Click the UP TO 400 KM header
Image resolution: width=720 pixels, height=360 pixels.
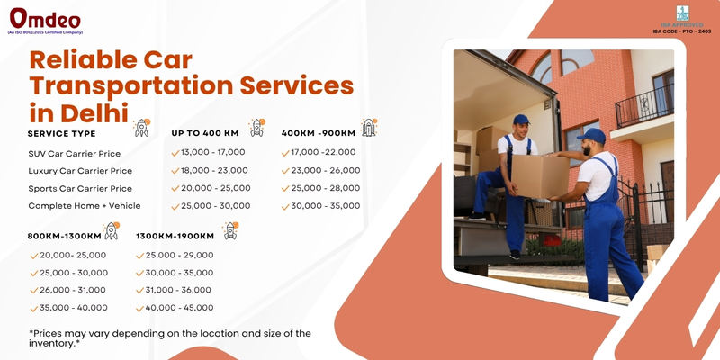point(205,133)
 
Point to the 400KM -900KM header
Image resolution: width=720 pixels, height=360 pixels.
point(319,133)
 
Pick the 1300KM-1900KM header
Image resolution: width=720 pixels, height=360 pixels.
point(175,236)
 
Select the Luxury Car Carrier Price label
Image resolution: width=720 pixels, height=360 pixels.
point(80,171)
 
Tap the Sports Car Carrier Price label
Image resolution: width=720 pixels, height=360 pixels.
point(80,189)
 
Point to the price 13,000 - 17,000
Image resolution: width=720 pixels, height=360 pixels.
point(213,153)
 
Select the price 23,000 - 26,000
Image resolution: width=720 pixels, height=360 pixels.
point(326,171)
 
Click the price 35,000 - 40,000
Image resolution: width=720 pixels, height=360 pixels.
point(74,308)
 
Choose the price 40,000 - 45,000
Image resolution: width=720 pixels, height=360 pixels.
point(179,308)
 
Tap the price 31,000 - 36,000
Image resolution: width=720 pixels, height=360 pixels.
point(179,290)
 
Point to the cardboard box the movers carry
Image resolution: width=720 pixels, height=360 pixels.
point(538,175)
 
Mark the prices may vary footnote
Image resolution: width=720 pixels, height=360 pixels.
point(169,337)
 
